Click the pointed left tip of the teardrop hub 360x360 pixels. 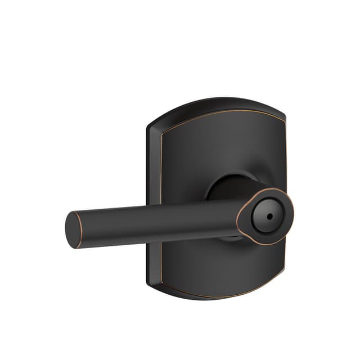click(238, 221)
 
